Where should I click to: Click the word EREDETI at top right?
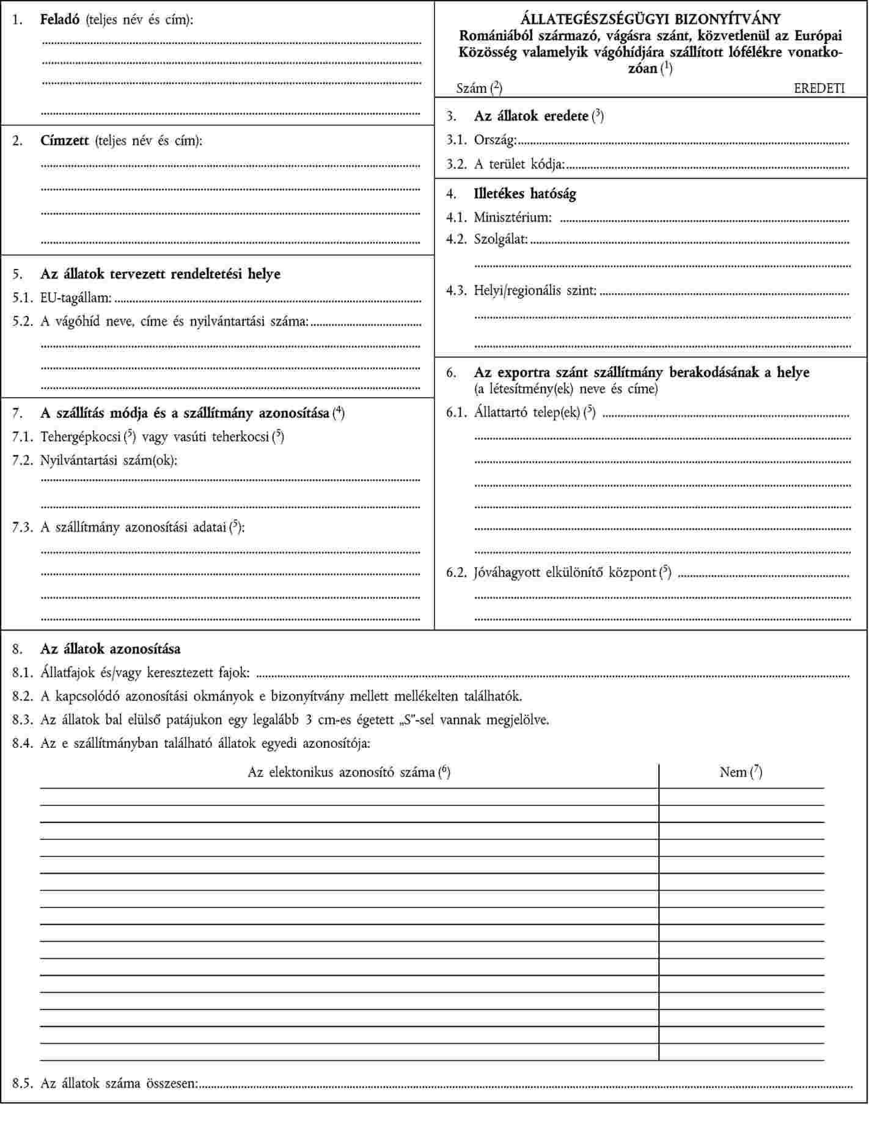click(819, 88)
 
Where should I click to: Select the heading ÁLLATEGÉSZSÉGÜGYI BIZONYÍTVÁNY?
click(650, 20)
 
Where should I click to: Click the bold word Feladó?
click(60, 20)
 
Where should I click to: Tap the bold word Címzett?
click(65, 141)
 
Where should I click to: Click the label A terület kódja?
click(519, 164)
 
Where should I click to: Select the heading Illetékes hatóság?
click(525, 194)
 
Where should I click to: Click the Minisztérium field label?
click(512, 217)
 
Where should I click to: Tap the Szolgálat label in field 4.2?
click(501, 239)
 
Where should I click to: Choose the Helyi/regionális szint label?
click(535, 290)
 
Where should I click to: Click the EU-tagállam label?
click(76, 298)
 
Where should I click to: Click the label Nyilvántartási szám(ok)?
click(109, 460)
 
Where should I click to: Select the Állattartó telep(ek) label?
click(527, 412)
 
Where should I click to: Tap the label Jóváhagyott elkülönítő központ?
click(565, 573)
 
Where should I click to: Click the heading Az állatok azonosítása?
click(110, 648)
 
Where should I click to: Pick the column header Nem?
click(733, 772)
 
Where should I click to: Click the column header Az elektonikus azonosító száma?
click(342, 772)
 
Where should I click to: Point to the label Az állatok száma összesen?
click(119, 1083)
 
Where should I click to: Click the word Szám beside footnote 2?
click(471, 88)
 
